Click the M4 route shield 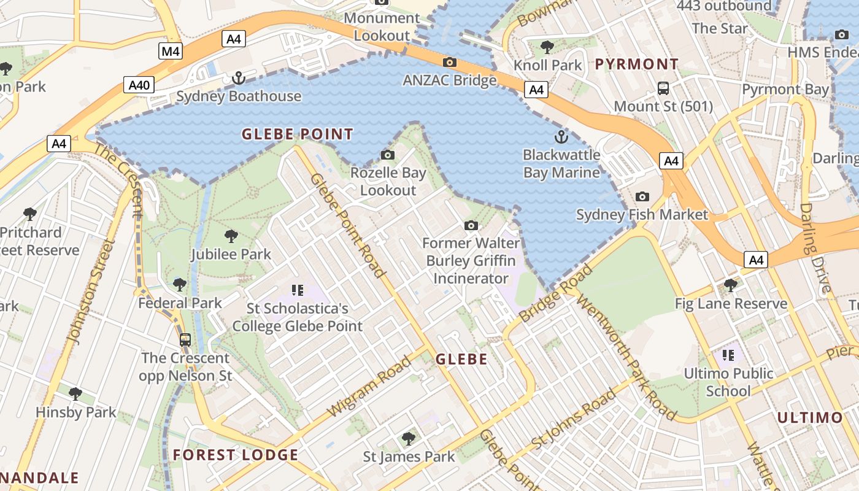point(171,51)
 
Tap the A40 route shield point(139,85)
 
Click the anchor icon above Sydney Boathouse point(238,78)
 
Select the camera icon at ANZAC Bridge point(450,62)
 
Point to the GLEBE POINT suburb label point(298,134)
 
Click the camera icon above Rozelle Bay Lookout point(388,155)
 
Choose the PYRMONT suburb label point(637,64)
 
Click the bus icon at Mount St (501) point(663,88)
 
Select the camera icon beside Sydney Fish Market point(642,196)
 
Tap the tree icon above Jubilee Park point(231,236)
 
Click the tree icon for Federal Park point(180,284)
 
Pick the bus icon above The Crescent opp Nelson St point(185,339)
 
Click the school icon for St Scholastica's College point(298,290)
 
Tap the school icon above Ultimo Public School point(728,355)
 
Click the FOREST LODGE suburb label point(236,455)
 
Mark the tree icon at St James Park point(409,438)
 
